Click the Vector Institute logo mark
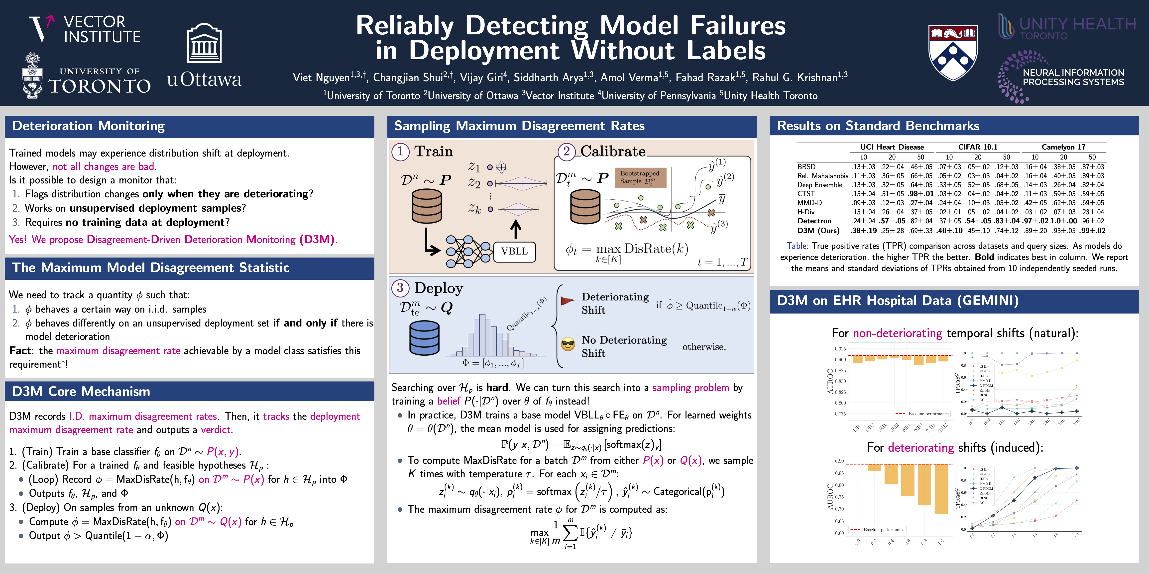(41, 28)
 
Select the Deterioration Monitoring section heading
(88, 126)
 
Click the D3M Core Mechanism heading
(81, 391)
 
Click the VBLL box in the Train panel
(514, 251)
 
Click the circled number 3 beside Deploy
(400, 288)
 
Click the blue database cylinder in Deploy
(424, 337)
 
